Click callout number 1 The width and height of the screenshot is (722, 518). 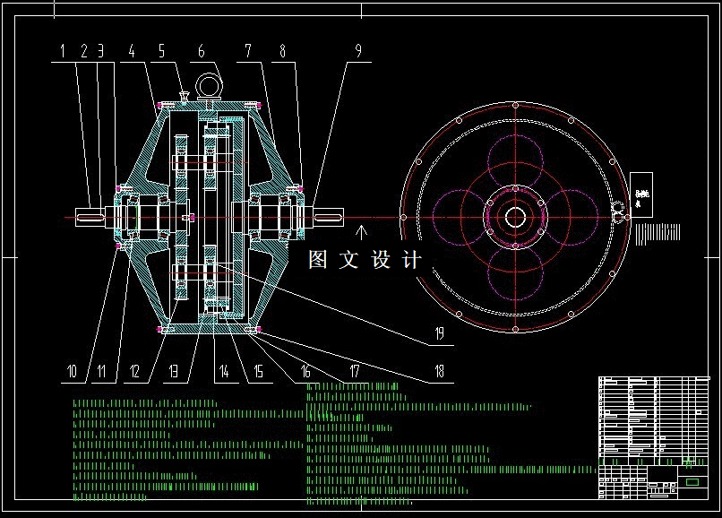64,51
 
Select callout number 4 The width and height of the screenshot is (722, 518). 132,51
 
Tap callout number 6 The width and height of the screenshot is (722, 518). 202,51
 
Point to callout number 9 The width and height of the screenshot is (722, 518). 358,51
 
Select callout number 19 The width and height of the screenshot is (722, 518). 439,334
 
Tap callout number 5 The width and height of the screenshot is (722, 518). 161,51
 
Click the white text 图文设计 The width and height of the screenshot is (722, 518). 364,260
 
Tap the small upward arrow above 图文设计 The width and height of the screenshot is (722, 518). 363,233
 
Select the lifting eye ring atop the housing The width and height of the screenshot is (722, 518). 210,85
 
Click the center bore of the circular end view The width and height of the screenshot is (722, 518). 515,217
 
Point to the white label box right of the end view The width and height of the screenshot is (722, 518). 641,197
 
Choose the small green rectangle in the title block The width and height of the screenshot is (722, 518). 692,482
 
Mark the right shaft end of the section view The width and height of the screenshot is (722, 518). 329,217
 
